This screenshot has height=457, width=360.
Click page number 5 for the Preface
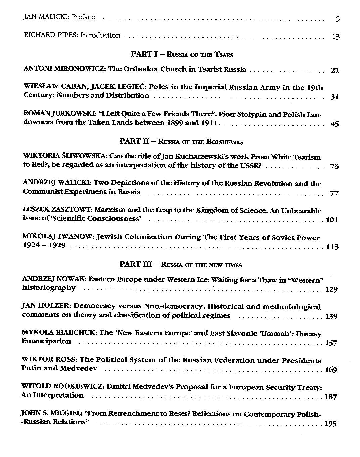coord(337,19)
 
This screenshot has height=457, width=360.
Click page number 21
coord(335,70)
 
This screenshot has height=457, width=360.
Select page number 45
coord(334,124)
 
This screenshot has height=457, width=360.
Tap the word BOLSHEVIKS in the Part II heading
coord(225,142)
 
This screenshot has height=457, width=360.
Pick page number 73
coord(334,166)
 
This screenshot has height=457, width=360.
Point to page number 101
coord(332,220)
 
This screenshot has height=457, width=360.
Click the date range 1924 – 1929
coord(44,245)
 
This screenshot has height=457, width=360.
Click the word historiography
coord(49,288)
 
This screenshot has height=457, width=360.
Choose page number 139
coord(331,316)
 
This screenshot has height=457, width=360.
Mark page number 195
coord(331,424)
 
